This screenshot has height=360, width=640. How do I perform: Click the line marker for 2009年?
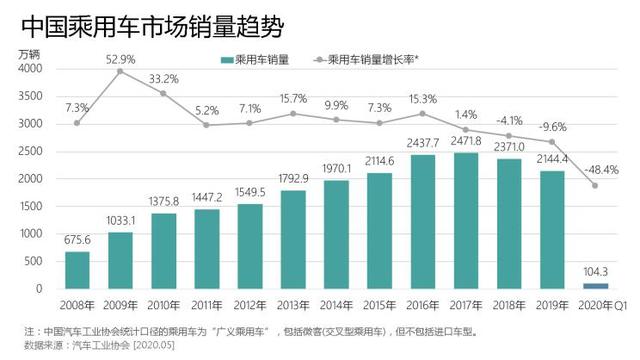[x=121, y=72]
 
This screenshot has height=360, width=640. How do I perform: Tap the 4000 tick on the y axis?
[x=30, y=69]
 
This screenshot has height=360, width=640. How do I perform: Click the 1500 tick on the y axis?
[x=30, y=207]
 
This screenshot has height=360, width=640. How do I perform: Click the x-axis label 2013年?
[x=293, y=304]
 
